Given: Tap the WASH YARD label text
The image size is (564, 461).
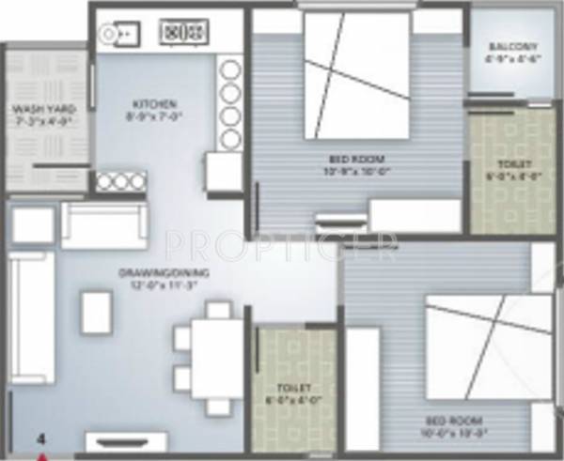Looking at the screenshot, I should pos(44,109).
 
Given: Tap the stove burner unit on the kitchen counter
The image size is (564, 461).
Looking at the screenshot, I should pos(184,32).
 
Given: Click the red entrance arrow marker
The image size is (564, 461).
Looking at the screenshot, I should pos(42,456).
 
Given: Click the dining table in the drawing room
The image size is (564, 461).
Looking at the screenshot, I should pos(216,360).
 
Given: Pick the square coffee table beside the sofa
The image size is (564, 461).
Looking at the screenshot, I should pos(97,312).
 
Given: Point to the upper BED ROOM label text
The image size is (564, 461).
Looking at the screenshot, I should pos(358,158).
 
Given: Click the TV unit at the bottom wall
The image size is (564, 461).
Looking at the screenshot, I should pos(126,441).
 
